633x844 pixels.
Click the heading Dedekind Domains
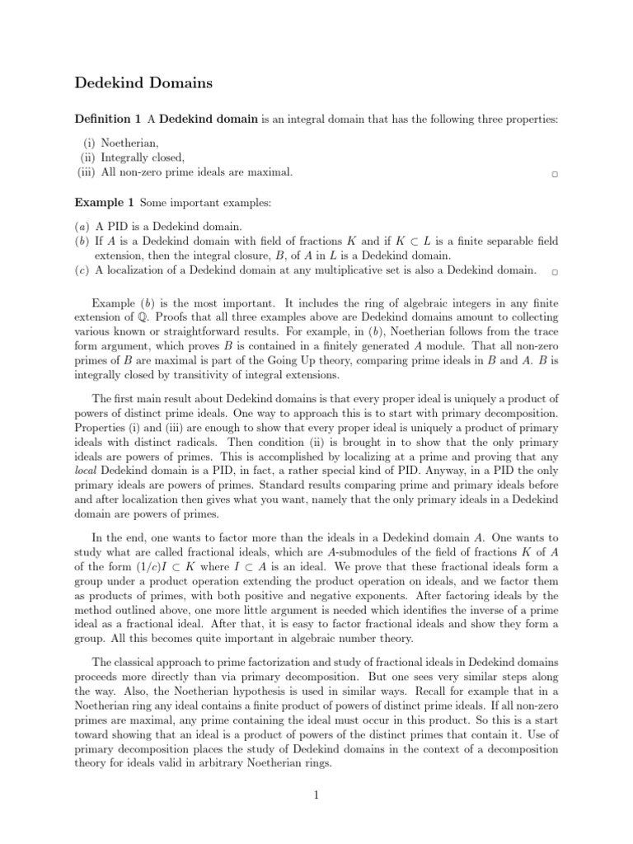click(143, 82)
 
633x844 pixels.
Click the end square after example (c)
click(555, 271)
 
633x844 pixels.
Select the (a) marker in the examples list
click(83, 226)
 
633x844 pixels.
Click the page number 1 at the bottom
click(316, 795)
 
